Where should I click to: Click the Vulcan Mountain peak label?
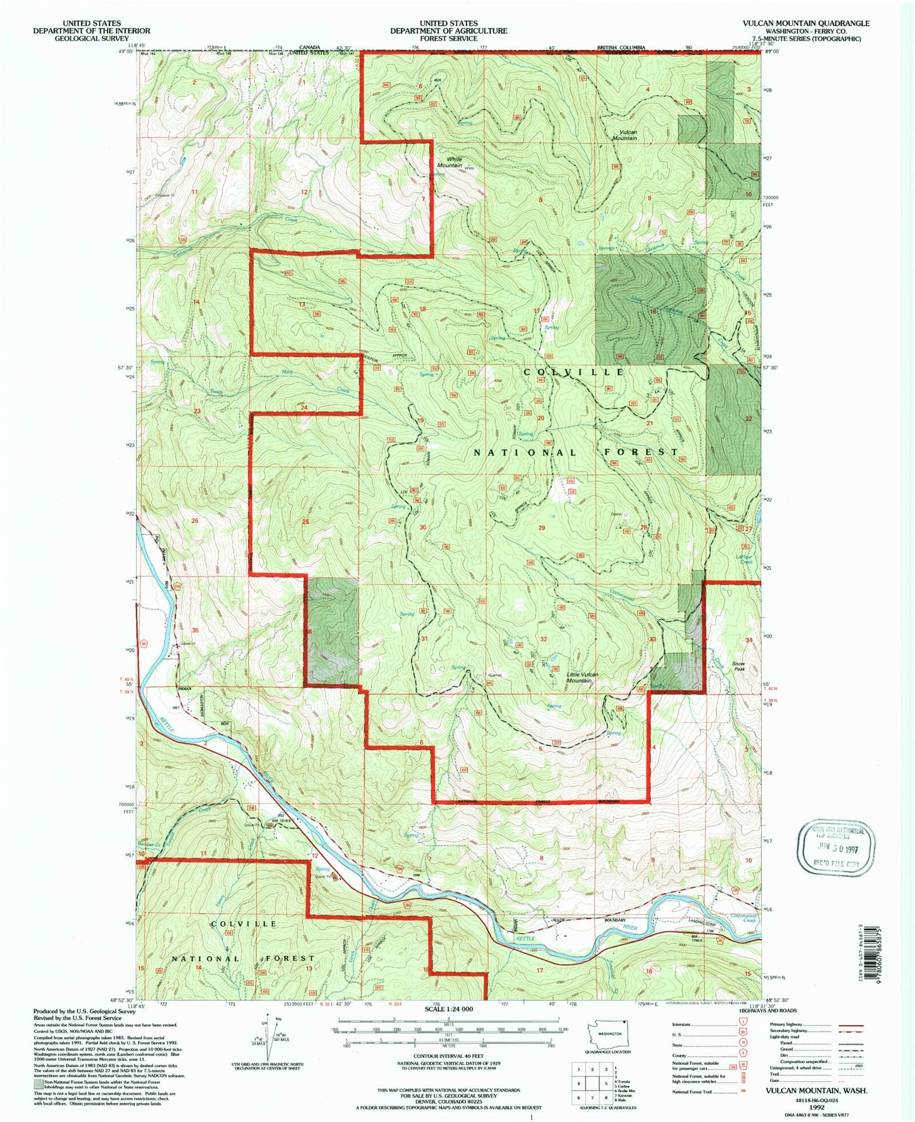[x=624, y=135]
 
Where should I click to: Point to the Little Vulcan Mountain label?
[x=583, y=677]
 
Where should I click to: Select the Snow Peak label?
[x=738, y=666]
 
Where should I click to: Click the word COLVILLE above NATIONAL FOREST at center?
[x=574, y=372]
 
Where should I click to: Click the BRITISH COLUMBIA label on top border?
[x=622, y=48]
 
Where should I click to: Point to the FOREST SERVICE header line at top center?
[x=448, y=38]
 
